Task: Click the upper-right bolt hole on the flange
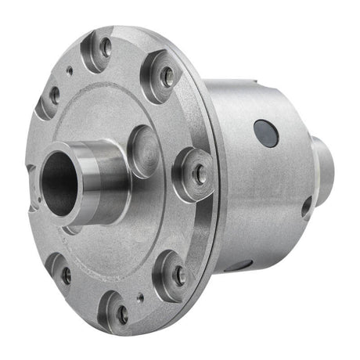166,75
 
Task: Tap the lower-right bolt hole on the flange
179,275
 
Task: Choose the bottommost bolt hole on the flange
121,313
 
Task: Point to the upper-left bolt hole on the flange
54,97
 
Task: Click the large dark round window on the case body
267,133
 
